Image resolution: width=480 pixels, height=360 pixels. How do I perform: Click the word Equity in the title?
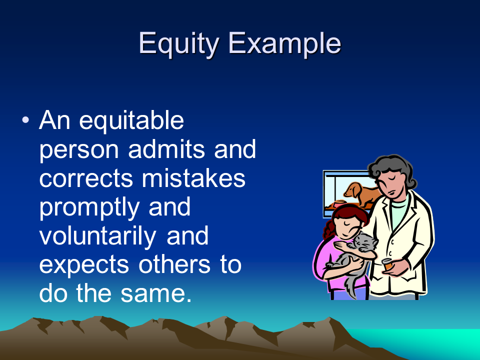tap(179, 44)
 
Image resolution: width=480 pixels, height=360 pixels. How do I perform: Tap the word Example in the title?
tap(284, 44)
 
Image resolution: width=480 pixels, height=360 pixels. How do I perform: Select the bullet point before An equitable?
tap(25, 120)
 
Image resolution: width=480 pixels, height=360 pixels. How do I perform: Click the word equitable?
tap(131, 121)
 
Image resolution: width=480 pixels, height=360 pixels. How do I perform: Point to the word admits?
tap(166, 149)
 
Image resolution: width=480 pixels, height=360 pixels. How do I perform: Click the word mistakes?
tap(193, 178)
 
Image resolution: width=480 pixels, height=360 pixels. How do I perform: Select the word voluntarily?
tap(97, 236)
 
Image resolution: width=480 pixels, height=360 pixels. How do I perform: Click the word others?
tap(174, 264)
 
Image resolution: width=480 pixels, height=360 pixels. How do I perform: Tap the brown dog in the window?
tap(360, 193)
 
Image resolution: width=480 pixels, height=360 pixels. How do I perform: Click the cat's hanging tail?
tap(351, 284)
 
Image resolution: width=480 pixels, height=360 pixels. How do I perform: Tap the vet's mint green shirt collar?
tap(398, 205)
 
